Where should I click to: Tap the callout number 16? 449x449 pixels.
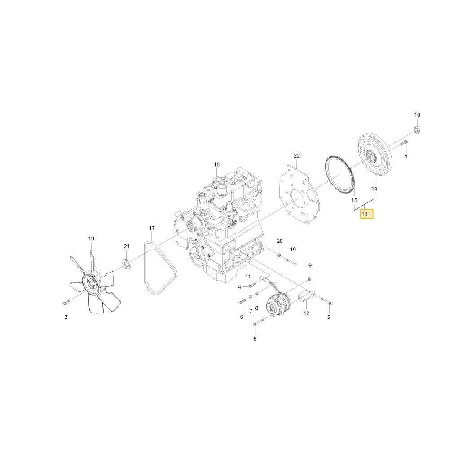click(x=417, y=115)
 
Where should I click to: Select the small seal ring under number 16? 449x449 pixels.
click(x=418, y=129)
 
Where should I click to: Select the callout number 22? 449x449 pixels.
click(x=297, y=155)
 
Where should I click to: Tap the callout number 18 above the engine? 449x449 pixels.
click(x=216, y=164)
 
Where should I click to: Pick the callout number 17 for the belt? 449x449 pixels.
click(x=152, y=228)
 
